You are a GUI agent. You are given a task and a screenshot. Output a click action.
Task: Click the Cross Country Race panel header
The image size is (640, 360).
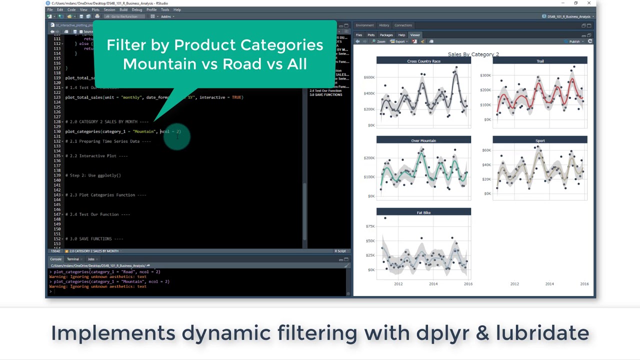[423, 61]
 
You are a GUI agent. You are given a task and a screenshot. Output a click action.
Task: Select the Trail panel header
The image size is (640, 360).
[540, 61]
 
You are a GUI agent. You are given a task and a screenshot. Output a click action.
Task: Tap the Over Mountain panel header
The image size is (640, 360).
[423, 140]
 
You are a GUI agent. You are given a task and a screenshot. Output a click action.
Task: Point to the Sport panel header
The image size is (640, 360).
[540, 140]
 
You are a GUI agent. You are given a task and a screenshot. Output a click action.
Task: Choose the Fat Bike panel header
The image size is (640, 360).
[423, 212]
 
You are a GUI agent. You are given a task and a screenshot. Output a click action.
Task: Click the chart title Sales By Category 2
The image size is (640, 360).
[473, 54]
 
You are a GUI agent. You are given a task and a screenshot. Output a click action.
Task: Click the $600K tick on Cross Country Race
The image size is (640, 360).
[369, 77]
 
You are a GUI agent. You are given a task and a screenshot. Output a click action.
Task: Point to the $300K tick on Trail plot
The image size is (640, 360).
[485, 75]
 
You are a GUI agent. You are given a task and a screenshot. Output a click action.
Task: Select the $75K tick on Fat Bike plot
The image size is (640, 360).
[370, 226]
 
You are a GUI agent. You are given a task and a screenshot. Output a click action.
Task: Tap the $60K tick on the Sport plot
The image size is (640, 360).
[486, 150]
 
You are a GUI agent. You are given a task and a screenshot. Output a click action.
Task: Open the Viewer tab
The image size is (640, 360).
[415, 35]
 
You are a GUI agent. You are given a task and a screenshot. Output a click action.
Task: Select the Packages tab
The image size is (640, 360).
[386, 35]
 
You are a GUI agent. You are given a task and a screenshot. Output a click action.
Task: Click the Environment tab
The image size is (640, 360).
[364, 25]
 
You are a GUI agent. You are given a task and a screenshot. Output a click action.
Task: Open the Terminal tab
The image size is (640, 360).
[73, 259]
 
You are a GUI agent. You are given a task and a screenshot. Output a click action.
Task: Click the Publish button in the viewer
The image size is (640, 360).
[574, 41]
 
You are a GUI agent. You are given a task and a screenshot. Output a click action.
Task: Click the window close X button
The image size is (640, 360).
[589, 3]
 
